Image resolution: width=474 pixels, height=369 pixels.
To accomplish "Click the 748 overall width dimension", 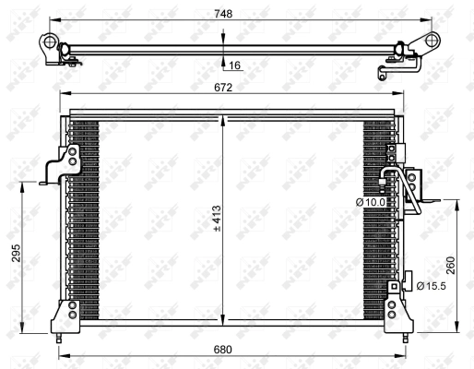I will coord(223,14).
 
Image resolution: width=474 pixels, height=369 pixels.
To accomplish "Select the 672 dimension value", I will coord(223,88).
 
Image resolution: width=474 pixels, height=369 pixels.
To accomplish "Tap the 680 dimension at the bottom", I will coord(223,350).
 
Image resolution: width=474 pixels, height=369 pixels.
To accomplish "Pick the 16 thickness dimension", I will coord(235,65).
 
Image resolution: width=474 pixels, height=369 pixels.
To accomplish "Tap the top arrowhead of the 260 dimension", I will coord(457,199).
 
